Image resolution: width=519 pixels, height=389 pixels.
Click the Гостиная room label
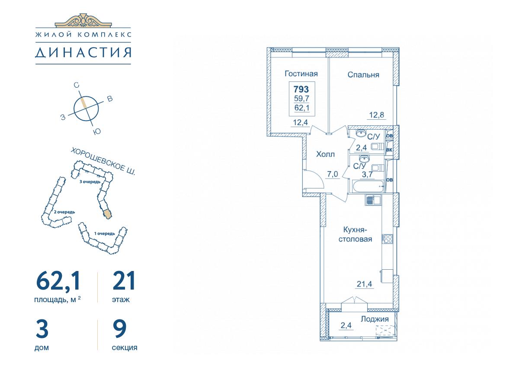pos(301,73)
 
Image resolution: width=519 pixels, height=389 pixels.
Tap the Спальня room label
pos(363,75)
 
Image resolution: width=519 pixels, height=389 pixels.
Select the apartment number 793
pos(301,89)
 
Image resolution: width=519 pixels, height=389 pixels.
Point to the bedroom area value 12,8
pos(377,115)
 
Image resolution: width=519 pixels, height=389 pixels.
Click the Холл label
pos(325,154)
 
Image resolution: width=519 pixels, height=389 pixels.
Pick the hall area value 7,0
pos(333,174)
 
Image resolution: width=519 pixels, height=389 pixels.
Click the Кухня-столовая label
pos(355,234)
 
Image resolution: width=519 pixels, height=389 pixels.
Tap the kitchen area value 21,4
pos(364,284)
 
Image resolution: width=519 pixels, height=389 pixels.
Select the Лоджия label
pos(375,319)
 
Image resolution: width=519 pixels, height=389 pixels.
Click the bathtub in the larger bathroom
pos(368,186)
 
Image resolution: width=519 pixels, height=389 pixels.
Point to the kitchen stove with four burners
pos(387,239)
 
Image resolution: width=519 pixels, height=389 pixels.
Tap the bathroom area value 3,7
pos(367,175)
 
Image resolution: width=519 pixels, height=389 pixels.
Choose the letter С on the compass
pos(76,85)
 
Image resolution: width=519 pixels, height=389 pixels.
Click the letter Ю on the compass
pos(97,131)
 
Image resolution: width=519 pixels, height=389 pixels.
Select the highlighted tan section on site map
pos(108,214)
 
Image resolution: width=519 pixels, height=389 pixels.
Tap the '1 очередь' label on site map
pos(105,233)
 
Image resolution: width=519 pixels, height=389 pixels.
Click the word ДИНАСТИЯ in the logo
pos(83,52)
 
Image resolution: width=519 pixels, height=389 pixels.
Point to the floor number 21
pos(124,281)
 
